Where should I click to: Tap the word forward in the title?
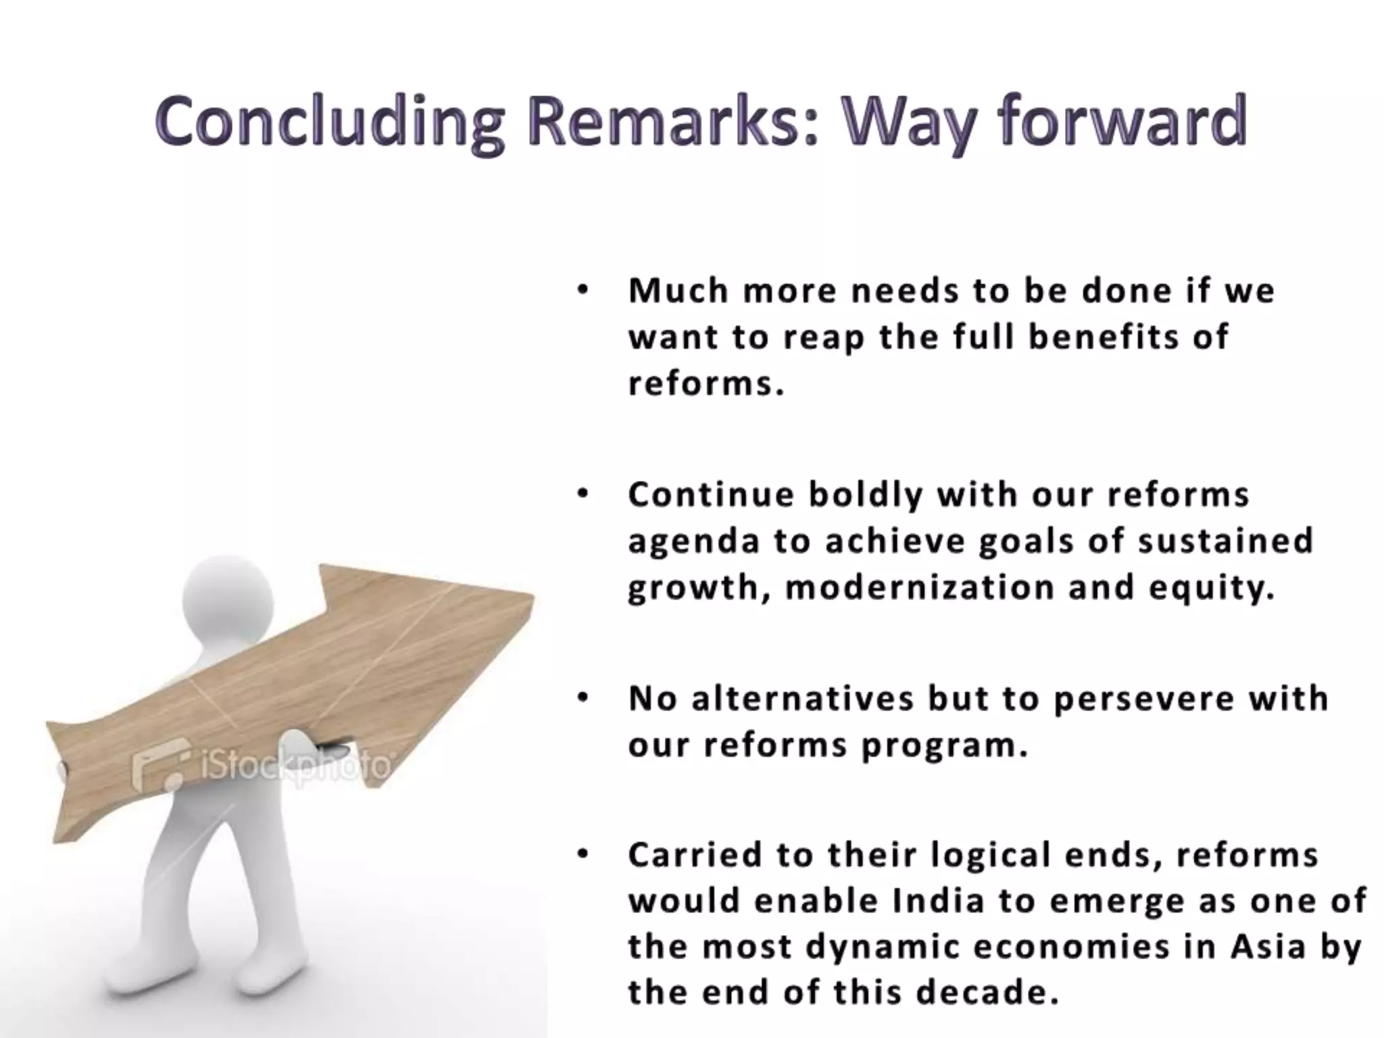(1122, 122)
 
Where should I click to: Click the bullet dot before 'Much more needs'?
(583, 291)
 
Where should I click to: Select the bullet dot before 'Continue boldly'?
(583, 495)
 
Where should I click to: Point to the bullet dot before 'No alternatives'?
(583, 698)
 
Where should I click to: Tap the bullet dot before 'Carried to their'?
(583, 855)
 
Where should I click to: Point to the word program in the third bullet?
(943, 746)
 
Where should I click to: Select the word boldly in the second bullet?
(866, 495)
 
